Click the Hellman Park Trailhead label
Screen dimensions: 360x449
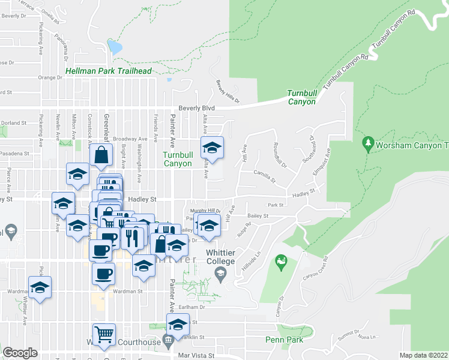click(x=108, y=71)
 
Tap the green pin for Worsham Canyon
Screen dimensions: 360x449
click(x=368, y=143)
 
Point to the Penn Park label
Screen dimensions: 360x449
click(x=284, y=340)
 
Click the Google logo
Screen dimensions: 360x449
click(x=20, y=353)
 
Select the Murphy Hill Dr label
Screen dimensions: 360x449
click(x=206, y=211)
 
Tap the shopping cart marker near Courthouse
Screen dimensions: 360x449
click(x=104, y=334)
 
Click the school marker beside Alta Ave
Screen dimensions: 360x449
click(x=211, y=147)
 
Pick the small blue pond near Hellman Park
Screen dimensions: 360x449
click(x=113, y=47)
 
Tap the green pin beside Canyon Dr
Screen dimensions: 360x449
click(x=280, y=261)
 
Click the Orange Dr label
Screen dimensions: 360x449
click(x=50, y=77)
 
